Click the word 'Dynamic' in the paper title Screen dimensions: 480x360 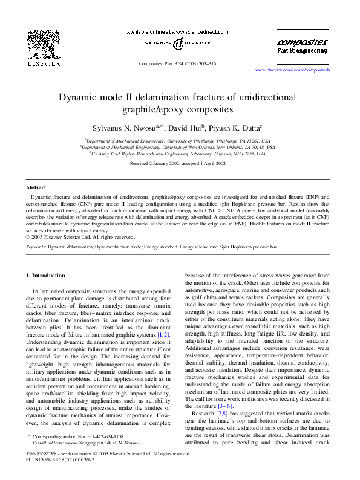click(79, 97)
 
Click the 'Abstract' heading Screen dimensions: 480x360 click(36, 188)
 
